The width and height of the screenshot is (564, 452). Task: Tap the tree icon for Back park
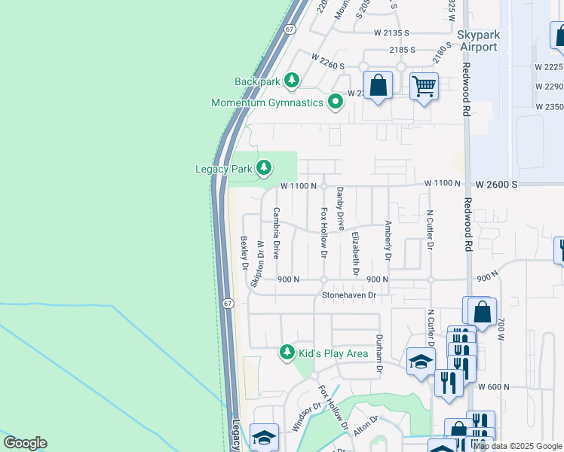[x=291, y=81]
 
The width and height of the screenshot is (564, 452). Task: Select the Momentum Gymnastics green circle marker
[x=336, y=102]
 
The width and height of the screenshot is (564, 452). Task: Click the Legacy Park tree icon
[x=263, y=168]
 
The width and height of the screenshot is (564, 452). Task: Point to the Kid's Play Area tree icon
[x=287, y=353]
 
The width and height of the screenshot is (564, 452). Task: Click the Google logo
[x=25, y=443]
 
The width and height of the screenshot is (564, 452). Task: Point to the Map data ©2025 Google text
[x=518, y=446]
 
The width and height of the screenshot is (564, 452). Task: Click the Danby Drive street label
[x=340, y=209]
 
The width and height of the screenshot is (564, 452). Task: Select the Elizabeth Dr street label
[x=355, y=253]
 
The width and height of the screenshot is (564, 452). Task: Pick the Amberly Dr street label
[x=388, y=240]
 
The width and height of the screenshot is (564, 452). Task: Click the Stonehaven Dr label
[x=349, y=295]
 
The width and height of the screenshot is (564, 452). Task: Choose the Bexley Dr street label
[x=244, y=252]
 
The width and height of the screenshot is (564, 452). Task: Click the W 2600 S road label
[x=496, y=184]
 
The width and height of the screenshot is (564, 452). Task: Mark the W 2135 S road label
[x=391, y=33]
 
